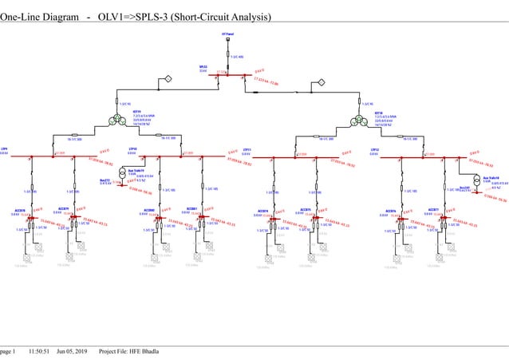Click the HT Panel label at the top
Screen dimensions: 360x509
pos(227,34)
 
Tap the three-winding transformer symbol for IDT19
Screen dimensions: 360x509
pos(118,120)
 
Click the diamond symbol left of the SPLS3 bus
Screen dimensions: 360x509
pos(169,78)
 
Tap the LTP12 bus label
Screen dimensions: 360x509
pos(375,149)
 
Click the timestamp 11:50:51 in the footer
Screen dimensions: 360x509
pos(40,351)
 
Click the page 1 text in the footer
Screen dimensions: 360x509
pos(8,351)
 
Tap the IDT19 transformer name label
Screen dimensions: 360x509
pos(136,113)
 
